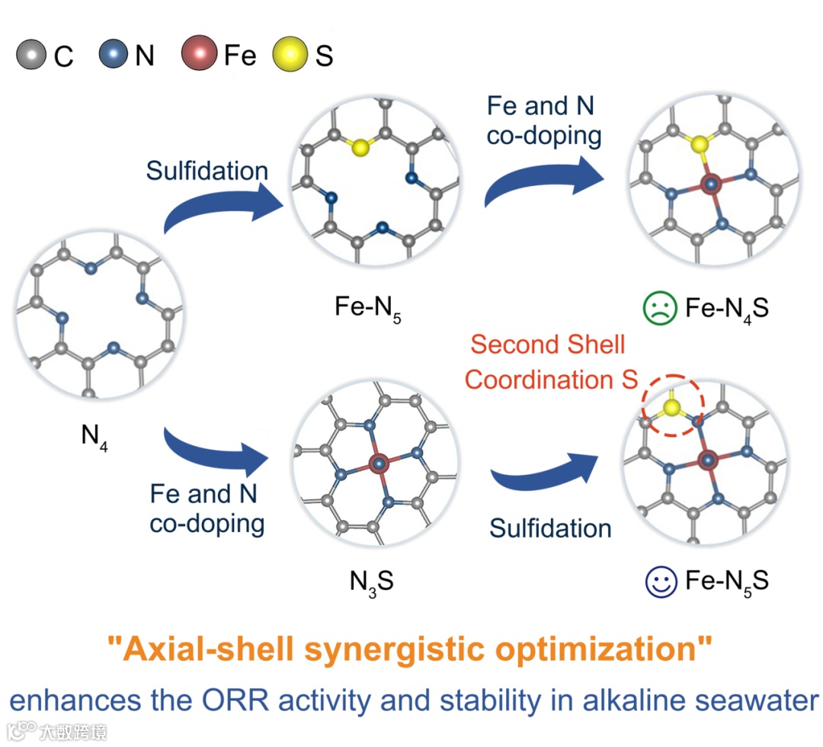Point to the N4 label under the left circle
point(94,437)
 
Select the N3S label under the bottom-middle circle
point(372,582)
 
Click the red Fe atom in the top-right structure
point(710,184)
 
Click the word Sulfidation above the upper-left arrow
point(207,171)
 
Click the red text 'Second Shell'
point(547,345)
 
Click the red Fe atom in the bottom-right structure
point(709,460)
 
